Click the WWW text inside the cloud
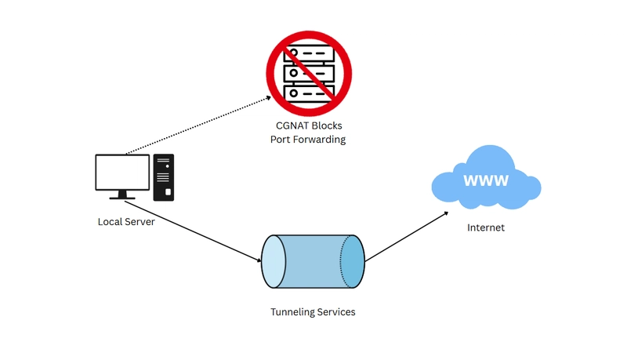(x=486, y=180)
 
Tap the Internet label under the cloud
(x=486, y=227)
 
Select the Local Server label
(x=126, y=222)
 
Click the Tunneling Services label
(x=313, y=312)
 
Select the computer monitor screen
(x=122, y=172)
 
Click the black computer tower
(x=164, y=177)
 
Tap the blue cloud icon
(x=486, y=177)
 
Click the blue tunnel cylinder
(x=313, y=262)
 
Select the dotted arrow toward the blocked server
(x=198, y=125)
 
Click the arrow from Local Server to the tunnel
(x=193, y=231)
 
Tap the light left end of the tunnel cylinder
(x=274, y=262)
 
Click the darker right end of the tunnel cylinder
(x=353, y=262)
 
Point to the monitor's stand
(x=122, y=195)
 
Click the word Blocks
(x=326, y=125)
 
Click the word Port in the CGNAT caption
(x=280, y=140)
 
